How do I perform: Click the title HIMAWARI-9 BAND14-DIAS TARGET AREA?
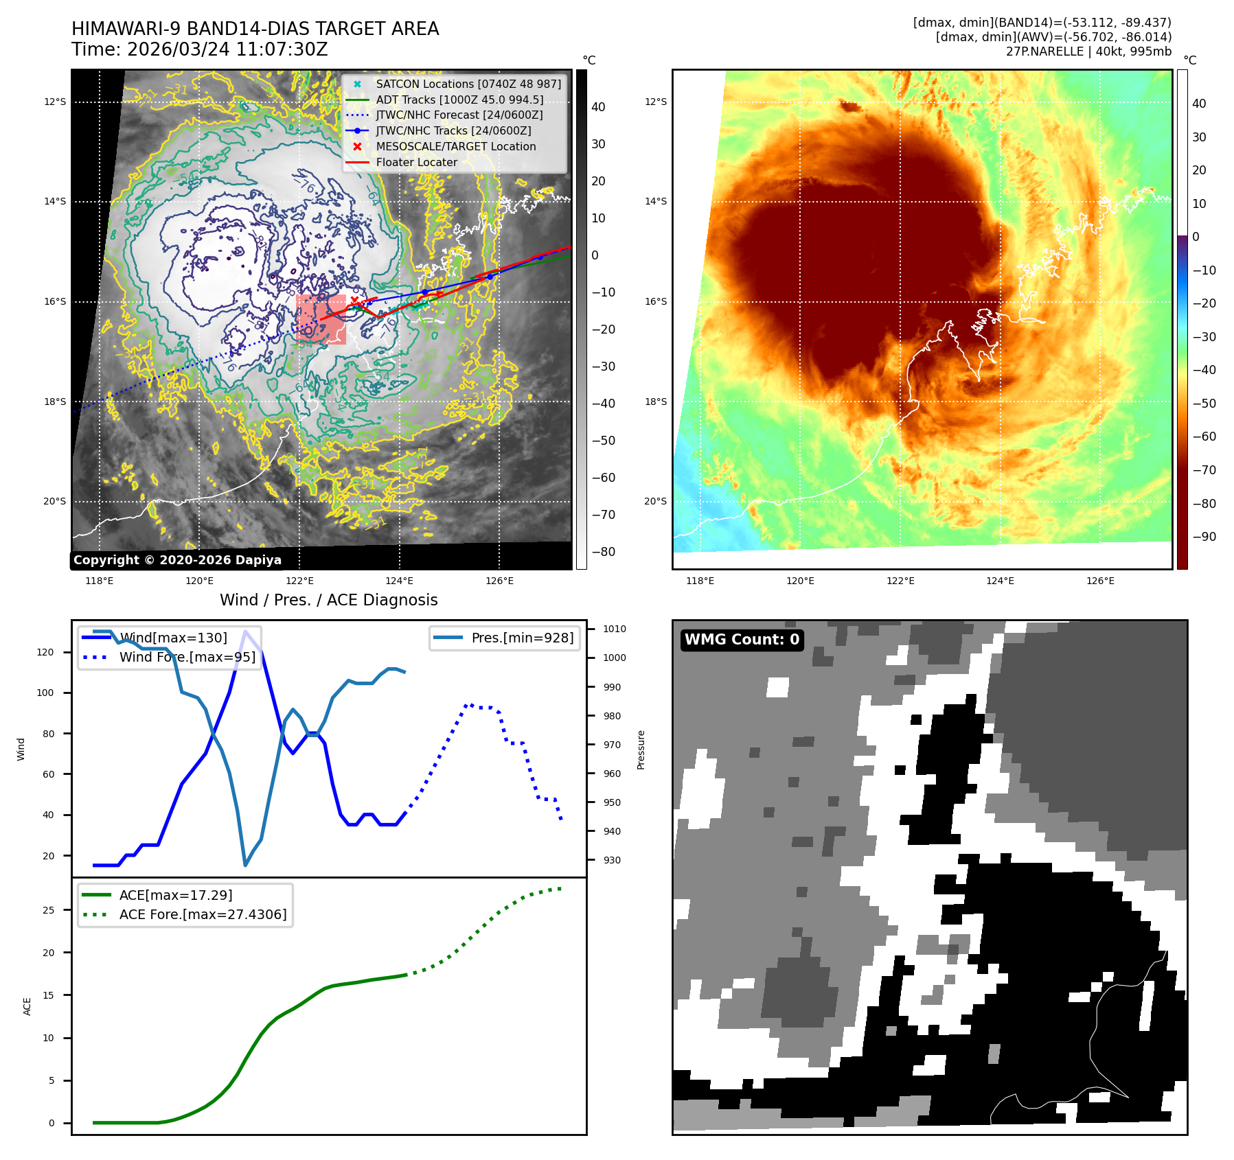tap(255, 29)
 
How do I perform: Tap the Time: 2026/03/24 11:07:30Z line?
tap(199, 49)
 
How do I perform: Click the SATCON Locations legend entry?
tap(468, 84)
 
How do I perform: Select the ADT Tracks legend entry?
tap(459, 100)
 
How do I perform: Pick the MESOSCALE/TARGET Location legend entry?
tap(455, 146)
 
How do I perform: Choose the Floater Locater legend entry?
tap(416, 162)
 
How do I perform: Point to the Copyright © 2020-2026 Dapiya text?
tap(177, 560)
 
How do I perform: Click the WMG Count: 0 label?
tap(742, 640)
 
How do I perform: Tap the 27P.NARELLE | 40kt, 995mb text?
tap(1088, 51)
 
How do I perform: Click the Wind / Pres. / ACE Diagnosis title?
tap(328, 600)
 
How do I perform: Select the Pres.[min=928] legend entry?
tap(522, 638)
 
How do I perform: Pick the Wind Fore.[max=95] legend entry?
tap(187, 657)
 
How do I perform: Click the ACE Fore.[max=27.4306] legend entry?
tap(203, 914)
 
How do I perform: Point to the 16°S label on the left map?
tap(55, 301)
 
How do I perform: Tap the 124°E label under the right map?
tap(1000, 581)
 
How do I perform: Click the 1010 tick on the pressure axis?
tap(615, 629)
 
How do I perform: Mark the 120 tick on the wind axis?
tap(45, 652)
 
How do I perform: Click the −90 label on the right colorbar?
tap(1204, 537)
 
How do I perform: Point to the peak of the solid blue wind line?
tap(245, 631)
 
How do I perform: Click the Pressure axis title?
tap(641, 750)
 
